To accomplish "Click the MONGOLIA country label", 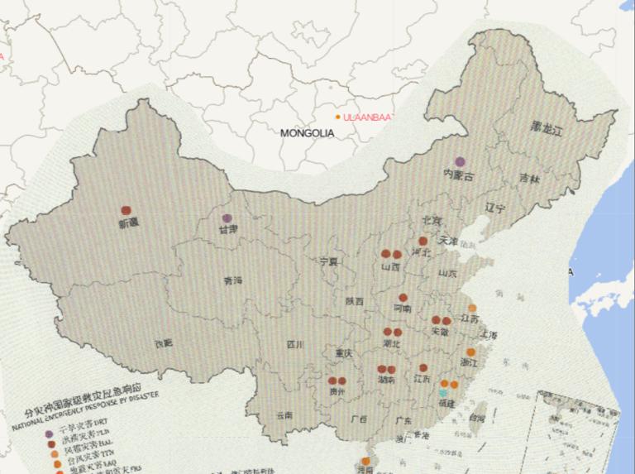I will [x=306, y=132].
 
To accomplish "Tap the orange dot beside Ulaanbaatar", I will [x=337, y=117].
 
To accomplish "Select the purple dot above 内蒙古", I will [x=460, y=161].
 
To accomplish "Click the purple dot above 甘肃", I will [x=227, y=218].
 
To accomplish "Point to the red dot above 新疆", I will [x=126, y=211].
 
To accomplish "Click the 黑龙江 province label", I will [x=547, y=130].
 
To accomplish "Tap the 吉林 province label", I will [x=530, y=178].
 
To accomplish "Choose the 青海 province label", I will [x=233, y=281].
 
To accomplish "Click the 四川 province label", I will [x=295, y=343].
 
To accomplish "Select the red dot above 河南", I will [x=403, y=298].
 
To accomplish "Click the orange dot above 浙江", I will [x=470, y=352].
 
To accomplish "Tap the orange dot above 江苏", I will [x=472, y=308].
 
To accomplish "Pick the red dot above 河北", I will [x=423, y=242].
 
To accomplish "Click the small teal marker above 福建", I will [x=443, y=393].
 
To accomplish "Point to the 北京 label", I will [x=432, y=221].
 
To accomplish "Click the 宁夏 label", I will [x=329, y=261].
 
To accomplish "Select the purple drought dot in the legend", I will [x=49, y=434].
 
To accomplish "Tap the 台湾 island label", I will [x=478, y=419].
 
